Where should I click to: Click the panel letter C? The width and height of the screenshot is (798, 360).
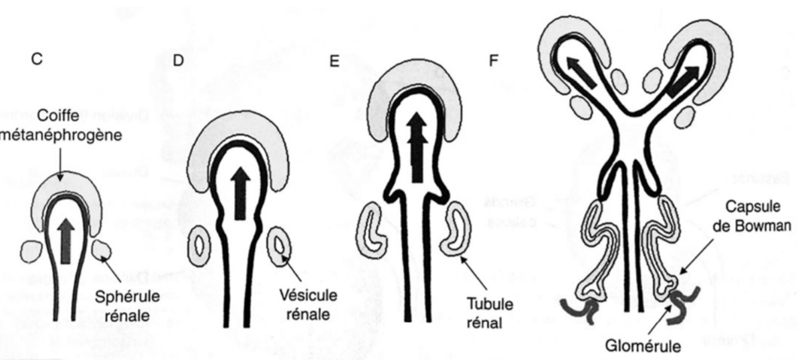pos(38,59)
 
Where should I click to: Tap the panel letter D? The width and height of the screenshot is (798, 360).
pos(178,60)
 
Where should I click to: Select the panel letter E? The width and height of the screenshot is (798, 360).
pos(334,60)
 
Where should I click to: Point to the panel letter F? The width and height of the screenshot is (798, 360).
pos(494,60)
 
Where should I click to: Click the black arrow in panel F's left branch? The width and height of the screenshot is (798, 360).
pos(580,73)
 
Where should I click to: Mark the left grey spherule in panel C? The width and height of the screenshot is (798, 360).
pos(31,251)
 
